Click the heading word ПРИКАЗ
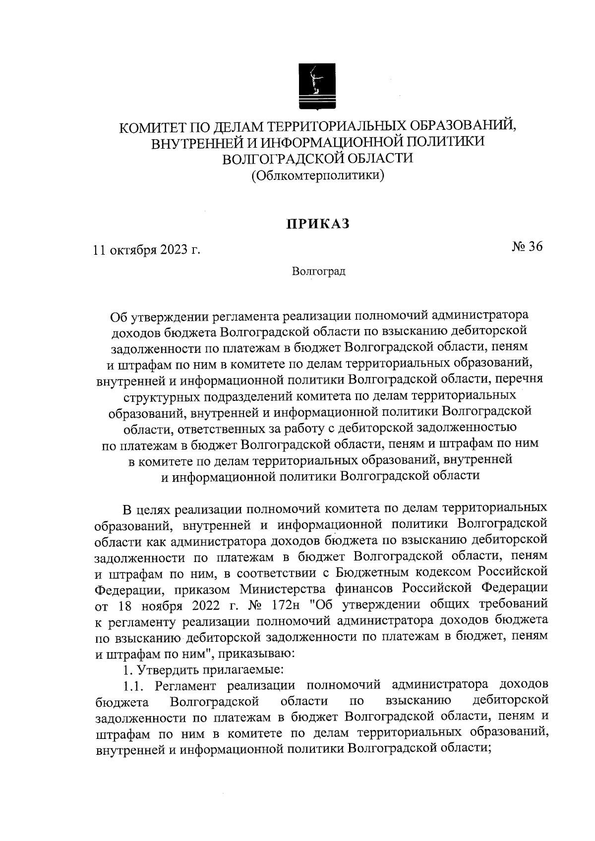click(317, 224)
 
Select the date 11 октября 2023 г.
click(147, 249)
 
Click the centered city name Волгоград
click(318, 272)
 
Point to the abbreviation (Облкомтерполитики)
click(318, 175)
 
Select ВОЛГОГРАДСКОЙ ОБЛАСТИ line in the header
click(318, 159)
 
